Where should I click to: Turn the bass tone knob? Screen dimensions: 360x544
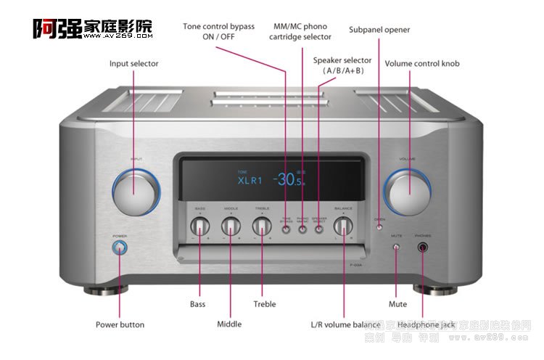tap(199, 226)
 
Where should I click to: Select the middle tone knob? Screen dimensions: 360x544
tap(231, 226)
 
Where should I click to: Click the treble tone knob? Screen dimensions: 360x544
tap(261, 226)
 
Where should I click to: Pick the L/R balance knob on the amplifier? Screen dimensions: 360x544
tap(343, 226)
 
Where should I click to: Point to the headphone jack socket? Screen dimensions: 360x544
tap(423, 248)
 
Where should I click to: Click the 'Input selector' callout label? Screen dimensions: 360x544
tap(134, 64)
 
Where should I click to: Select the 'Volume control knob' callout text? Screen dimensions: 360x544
tap(422, 64)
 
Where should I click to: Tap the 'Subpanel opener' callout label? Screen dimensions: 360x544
tap(379, 30)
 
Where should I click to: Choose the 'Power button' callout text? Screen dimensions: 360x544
tap(120, 324)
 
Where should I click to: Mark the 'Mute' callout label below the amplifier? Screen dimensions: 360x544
tap(397, 304)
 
